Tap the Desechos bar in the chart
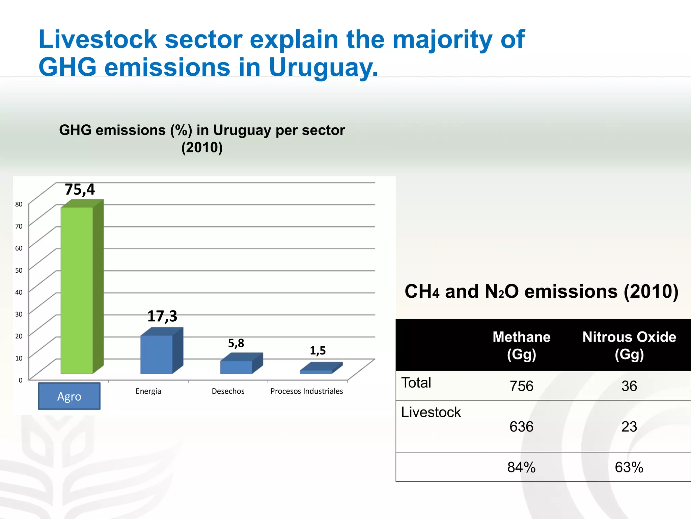(236, 367)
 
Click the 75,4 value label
(80, 190)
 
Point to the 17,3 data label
(162, 316)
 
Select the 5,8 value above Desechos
(236, 343)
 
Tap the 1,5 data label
(317, 351)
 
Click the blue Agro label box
(69, 396)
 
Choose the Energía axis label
(148, 391)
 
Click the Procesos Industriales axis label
(306, 391)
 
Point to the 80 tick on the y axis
(19, 204)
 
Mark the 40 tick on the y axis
(19, 292)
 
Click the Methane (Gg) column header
(521, 345)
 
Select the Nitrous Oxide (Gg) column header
(629, 345)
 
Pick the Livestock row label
(431, 412)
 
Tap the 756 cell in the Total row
(521, 386)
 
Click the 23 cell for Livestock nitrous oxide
(629, 426)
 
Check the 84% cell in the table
(521, 467)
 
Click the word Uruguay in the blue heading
(323, 67)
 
